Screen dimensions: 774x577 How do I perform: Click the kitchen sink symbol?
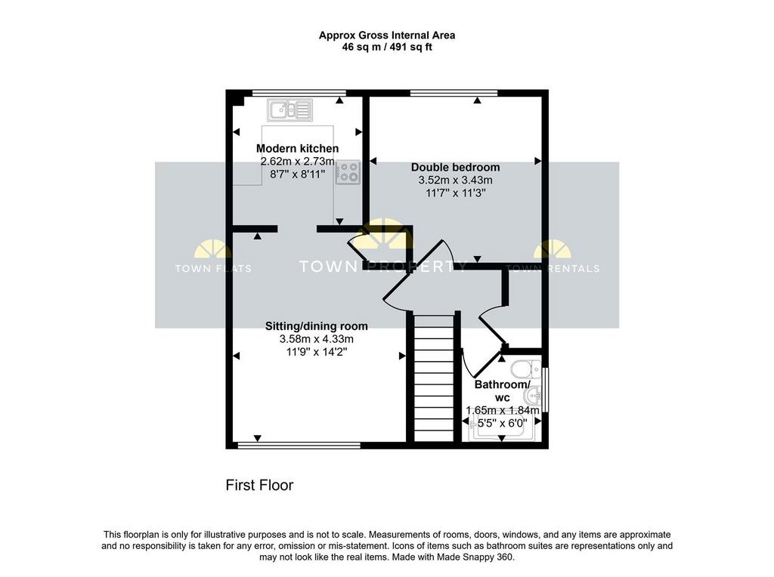289,110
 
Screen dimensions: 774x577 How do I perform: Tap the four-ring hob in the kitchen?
348,173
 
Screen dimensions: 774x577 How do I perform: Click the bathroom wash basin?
534,395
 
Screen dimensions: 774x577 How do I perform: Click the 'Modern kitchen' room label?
297,149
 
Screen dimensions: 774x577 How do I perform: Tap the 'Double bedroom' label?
455,167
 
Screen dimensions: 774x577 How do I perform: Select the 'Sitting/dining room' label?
317,326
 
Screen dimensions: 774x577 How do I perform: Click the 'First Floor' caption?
260,486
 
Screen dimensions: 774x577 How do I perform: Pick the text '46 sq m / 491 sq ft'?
387,48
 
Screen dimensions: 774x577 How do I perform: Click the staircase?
433,378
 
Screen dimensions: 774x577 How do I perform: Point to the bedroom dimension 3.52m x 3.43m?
455,180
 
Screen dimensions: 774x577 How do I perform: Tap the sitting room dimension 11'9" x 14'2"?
317,352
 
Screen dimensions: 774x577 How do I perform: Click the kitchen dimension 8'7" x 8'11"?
297,174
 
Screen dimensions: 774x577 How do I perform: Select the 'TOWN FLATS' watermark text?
213,269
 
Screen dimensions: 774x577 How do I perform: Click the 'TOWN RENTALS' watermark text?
553,269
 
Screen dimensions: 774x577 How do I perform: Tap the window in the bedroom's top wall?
454,92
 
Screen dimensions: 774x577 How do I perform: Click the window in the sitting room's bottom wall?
299,446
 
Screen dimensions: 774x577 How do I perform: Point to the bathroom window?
546,390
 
